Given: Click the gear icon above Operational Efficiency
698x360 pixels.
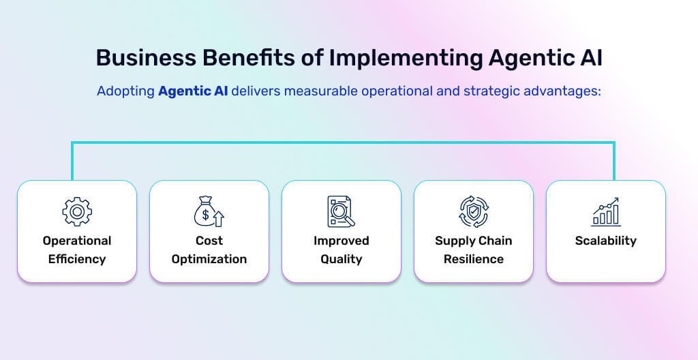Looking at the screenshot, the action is (x=77, y=211).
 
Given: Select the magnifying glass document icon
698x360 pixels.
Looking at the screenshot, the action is (x=341, y=211).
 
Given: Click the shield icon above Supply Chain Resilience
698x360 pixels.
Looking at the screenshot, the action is (x=474, y=211).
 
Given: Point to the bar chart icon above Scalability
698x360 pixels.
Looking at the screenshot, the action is (x=606, y=211).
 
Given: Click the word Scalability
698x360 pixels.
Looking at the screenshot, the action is (x=606, y=241).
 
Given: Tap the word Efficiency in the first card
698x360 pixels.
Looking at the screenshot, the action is (x=77, y=259).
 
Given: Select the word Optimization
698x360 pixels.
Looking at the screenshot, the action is (x=209, y=259).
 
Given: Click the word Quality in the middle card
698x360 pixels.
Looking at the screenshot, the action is (x=342, y=259).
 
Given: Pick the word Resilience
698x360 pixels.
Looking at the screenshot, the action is (x=474, y=259).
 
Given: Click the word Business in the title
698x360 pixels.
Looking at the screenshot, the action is (x=146, y=58).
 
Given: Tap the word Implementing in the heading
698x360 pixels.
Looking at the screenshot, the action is (x=406, y=59).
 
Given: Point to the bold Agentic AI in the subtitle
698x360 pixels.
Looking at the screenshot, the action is (x=193, y=91).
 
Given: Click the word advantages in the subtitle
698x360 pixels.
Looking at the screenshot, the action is (x=562, y=91).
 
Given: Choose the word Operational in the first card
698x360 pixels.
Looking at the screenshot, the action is (x=77, y=241).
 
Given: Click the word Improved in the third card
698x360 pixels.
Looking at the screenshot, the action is (x=342, y=241).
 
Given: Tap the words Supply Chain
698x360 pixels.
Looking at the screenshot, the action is (x=474, y=241).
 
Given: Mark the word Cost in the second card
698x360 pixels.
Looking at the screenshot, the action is (x=209, y=241).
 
